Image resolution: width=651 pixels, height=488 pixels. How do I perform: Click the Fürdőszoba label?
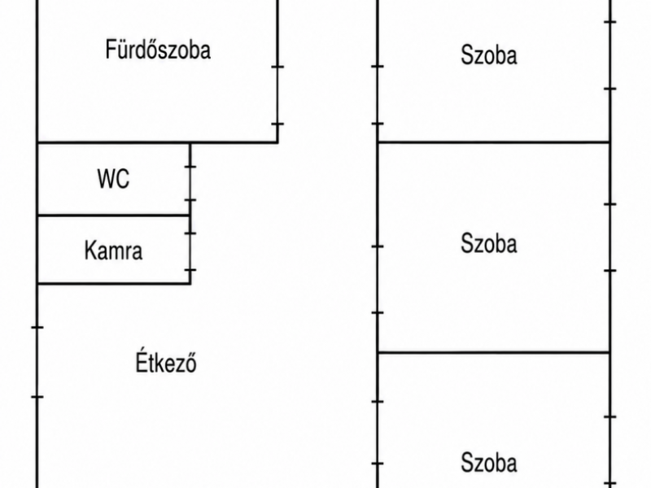tap(158, 50)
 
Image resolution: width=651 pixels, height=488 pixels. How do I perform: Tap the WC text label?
tap(113, 179)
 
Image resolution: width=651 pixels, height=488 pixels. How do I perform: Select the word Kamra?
tap(113, 251)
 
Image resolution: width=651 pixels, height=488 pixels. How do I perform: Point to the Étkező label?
tap(166, 362)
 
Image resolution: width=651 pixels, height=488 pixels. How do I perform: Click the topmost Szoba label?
tap(489, 55)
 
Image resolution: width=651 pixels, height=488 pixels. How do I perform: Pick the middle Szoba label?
tap(489, 243)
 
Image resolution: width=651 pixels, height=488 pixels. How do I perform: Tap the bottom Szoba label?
tap(489, 462)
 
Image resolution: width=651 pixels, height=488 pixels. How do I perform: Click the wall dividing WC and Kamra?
tap(114, 216)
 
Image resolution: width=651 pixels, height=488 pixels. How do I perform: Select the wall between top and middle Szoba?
tap(494, 142)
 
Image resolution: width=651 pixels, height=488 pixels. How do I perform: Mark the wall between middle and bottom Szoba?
tap(494, 352)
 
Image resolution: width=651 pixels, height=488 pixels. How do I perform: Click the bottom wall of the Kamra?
tap(114, 284)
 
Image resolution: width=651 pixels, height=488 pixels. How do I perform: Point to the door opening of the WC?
tap(190, 184)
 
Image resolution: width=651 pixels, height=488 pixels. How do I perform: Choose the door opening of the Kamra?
tap(190, 252)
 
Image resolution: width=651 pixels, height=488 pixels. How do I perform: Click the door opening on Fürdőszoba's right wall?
tap(277, 95)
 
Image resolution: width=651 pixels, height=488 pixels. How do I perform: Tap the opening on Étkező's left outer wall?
tap(37, 362)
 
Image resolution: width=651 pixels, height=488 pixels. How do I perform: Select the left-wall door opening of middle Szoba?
tap(378, 279)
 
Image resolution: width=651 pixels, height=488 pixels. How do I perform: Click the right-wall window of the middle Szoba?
tap(610, 237)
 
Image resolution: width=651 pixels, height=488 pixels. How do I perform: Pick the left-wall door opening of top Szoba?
tap(378, 95)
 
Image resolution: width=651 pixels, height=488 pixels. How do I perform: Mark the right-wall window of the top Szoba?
tap(610, 54)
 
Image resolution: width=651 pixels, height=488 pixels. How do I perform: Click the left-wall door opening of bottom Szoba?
tap(378, 433)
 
